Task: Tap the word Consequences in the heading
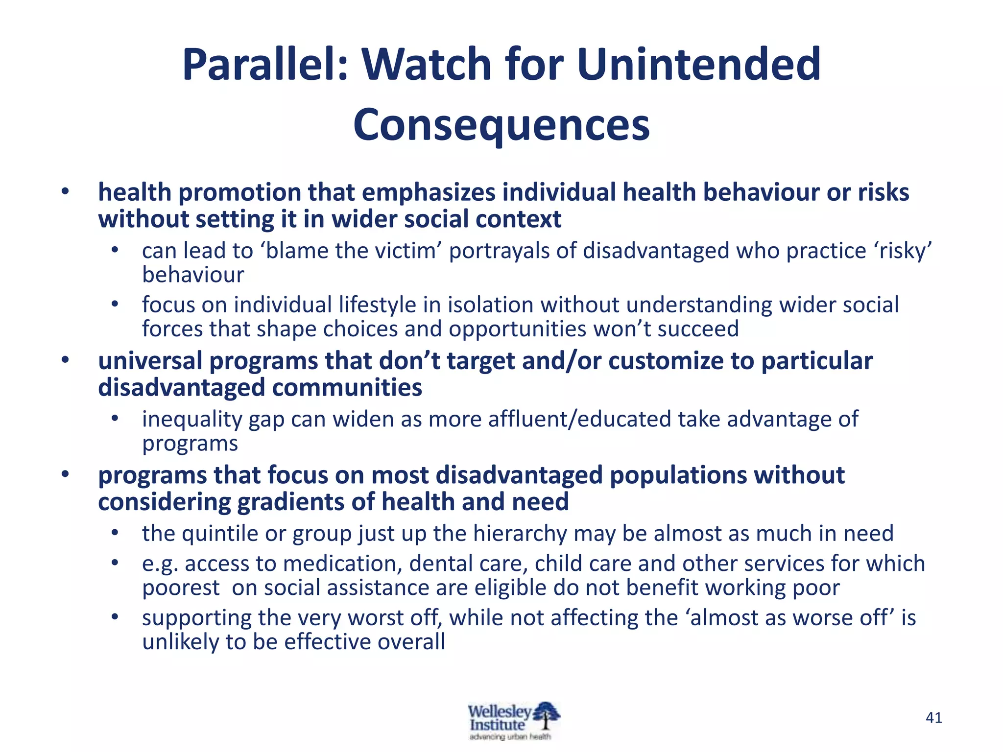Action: (x=501, y=125)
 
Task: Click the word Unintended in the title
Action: (x=699, y=65)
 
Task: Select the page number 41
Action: (x=933, y=718)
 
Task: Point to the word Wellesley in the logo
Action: (x=499, y=711)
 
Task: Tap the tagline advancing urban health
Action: (x=510, y=737)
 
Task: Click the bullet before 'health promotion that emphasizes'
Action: (x=65, y=192)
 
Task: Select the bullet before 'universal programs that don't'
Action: (x=65, y=361)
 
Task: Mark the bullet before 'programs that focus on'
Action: (x=65, y=475)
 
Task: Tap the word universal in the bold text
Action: (x=150, y=361)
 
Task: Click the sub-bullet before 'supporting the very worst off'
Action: (x=115, y=617)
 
